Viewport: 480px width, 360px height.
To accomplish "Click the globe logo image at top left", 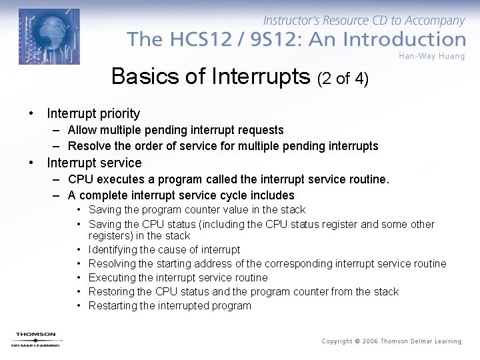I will click(49, 37).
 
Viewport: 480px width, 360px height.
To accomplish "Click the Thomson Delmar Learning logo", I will click(36, 339).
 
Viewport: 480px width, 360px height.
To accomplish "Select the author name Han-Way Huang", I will click(432, 55).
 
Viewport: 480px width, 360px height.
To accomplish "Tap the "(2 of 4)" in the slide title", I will click(343, 79).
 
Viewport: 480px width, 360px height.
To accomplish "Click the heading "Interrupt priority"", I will click(93, 113).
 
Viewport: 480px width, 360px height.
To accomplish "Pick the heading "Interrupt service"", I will click(94, 163).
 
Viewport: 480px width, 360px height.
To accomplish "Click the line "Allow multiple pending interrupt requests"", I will click(175, 130).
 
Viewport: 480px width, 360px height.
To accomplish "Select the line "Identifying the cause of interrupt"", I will click(164, 249).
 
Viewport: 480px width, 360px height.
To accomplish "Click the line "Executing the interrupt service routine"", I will click(178, 277).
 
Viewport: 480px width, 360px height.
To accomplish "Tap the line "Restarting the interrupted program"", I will click(169, 305).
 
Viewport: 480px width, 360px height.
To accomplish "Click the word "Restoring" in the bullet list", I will click(111, 291).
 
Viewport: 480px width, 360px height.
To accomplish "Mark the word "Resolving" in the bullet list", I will click(111, 263).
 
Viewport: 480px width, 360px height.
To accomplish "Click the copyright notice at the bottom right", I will click(391, 341).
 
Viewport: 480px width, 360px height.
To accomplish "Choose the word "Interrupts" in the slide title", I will click(261, 77).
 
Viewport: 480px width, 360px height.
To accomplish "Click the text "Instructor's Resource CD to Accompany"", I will click(364, 21).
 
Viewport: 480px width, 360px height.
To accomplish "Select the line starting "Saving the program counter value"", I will click(197, 209).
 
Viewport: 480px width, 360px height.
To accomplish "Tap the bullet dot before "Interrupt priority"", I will click(31, 113).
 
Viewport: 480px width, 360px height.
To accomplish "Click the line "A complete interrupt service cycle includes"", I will click(181, 195).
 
